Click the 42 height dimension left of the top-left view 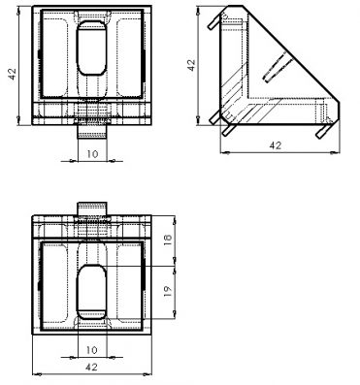coord(13,74)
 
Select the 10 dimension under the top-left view coord(92,154)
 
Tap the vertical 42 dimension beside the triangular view coord(191,65)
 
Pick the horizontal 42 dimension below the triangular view coord(276,145)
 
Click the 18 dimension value coord(168,240)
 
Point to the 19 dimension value coord(168,291)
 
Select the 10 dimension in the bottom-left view coord(92,350)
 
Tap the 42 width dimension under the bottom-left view coord(92,367)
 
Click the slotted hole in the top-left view coord(92,48)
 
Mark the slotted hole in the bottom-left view coord(92,291)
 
